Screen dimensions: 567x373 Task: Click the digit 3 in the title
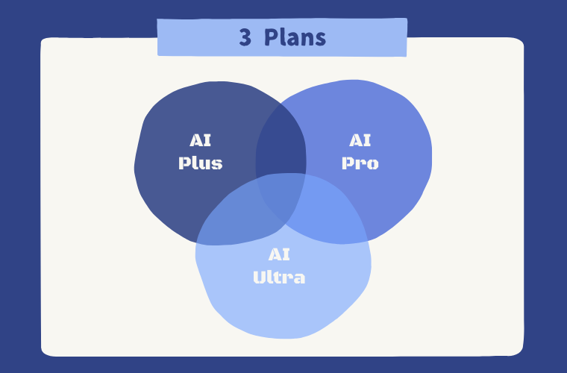[x=245, y=37]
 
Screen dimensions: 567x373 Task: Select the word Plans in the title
[x=295, y=37]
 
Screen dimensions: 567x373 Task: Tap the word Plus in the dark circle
[x=201, y=163]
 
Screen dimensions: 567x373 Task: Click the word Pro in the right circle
[x=360, y=163]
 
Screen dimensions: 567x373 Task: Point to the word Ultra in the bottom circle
[x=279, y=278]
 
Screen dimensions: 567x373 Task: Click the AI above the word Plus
[x=201, y=140]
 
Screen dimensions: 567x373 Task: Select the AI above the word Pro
[x=360, y=140]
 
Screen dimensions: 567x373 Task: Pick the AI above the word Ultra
[x=279, y=254]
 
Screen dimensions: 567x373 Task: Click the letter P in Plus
[x=185, y=163]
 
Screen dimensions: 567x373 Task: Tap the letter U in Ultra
[x=260, y=278]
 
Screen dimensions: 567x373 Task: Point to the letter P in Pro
[x=348, y=163]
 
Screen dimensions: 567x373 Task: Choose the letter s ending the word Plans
[x=320, y=40]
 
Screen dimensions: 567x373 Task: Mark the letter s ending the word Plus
[x=217, y=164]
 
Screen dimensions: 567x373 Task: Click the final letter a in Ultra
[x=299, y=279]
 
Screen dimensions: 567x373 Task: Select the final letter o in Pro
[x=372, y=164]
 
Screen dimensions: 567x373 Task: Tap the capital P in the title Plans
[x=270, y=37]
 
